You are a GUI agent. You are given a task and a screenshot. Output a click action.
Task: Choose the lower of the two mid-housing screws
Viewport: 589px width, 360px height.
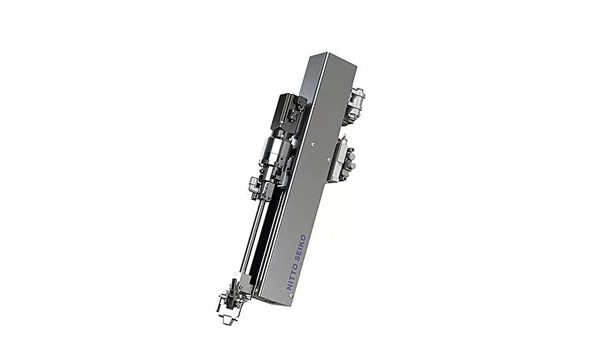pos(329,160)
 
